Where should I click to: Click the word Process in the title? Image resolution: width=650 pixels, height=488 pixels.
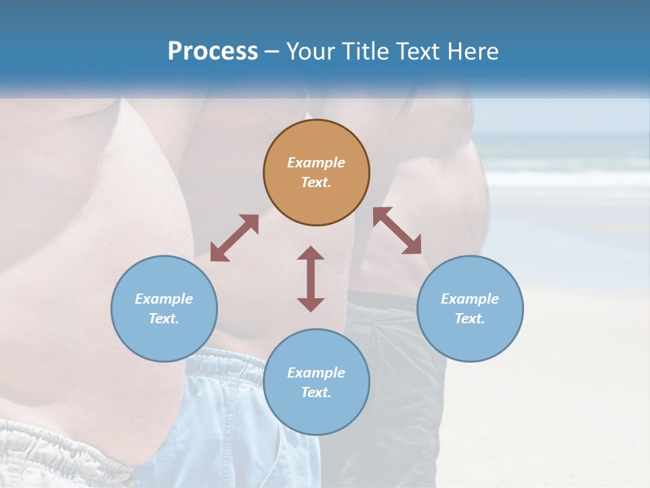[213, 52]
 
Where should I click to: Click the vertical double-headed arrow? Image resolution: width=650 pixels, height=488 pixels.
[311, 279]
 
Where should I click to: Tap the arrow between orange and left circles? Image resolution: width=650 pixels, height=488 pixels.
[234, 238]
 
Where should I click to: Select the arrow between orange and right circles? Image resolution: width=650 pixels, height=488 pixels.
[397, 230]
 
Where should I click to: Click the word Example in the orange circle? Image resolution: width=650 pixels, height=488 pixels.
[316, 163]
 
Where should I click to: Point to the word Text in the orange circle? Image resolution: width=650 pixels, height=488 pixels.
[316, 182]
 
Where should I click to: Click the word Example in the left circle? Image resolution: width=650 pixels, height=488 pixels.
[164, 299]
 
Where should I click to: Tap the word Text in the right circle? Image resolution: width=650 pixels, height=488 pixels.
[470, 319]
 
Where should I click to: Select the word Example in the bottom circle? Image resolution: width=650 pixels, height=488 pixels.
[316, 373]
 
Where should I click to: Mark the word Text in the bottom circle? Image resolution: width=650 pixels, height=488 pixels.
[316, 392]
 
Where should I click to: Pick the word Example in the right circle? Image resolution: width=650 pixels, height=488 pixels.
[470, 299]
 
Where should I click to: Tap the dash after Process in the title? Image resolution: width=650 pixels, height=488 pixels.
[272, 52]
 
